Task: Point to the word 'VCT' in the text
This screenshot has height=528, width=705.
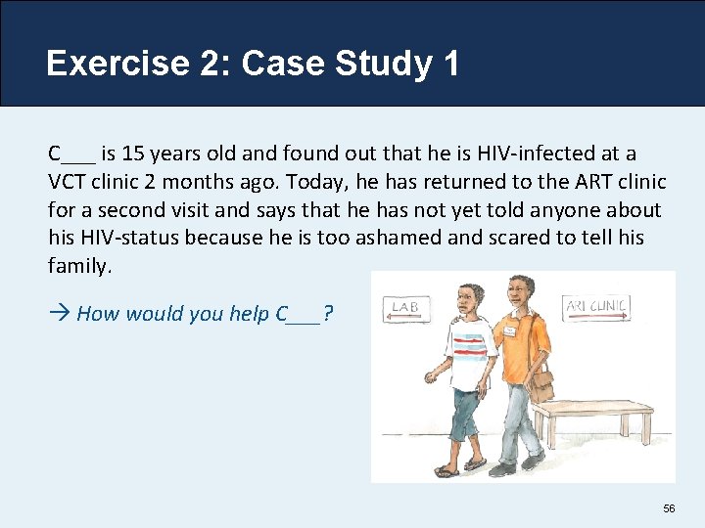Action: (67, 182)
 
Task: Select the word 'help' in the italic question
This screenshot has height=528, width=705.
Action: (250, 313)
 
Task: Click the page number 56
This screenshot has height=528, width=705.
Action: (670, 508)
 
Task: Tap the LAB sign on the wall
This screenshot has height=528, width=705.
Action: (405, 308)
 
